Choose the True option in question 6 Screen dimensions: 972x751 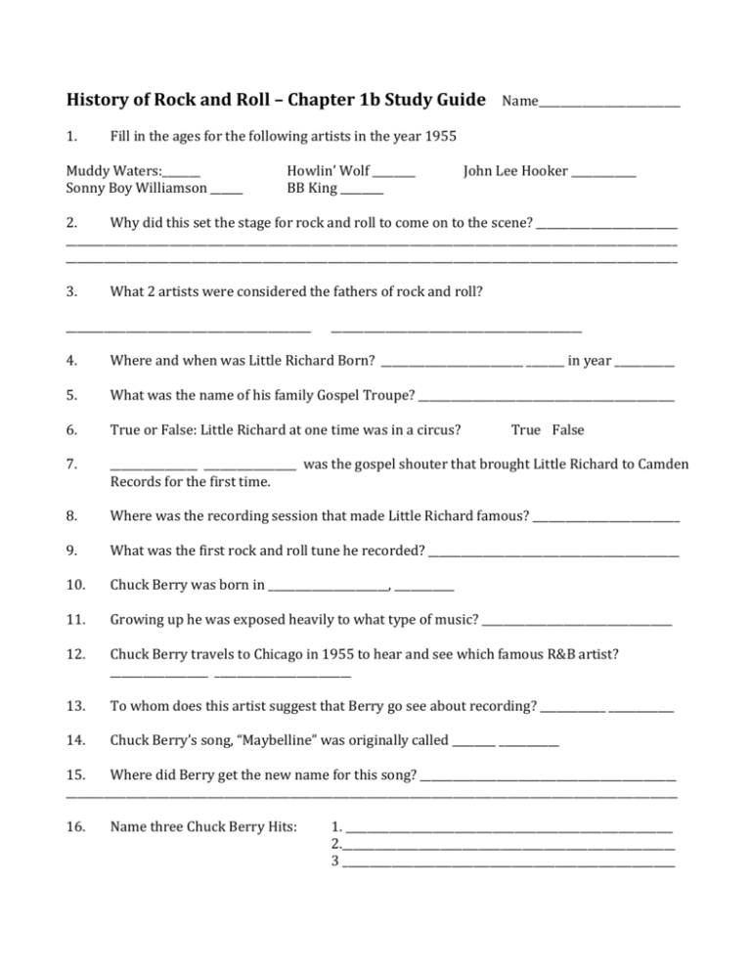click(526, 427)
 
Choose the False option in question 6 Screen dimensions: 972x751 click(568, 427)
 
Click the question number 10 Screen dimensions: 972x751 click(74, 586)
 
